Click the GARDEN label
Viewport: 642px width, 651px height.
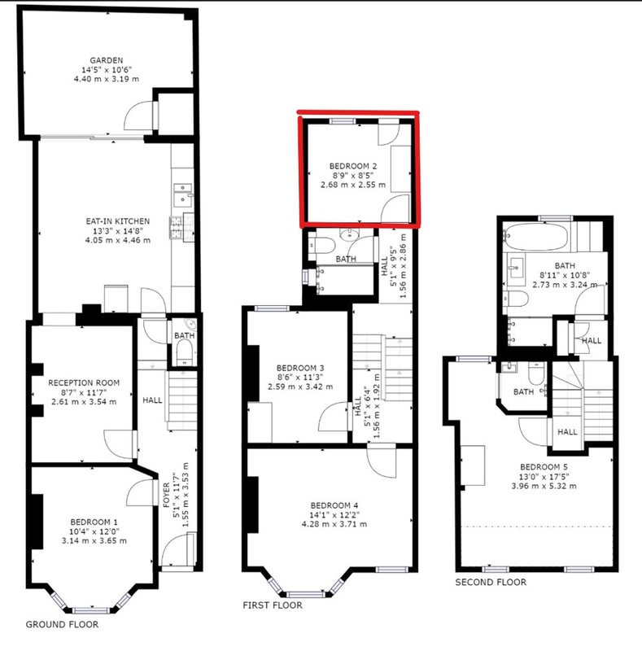tap(107, 60)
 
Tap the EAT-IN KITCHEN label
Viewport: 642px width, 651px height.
tap(117, 221)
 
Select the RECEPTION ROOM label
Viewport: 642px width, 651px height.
tap(84, 382)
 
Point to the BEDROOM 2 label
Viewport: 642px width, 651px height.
tap(353, 166)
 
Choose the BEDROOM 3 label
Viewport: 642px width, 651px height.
tap(300, 368)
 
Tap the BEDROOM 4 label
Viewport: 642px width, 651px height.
tap(334, 505)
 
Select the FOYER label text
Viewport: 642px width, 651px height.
tap(166, 495)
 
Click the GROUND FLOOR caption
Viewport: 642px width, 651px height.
tap(63, 624)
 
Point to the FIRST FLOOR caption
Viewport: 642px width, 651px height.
tap(273, 605)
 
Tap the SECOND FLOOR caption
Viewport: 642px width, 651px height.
tap(491, 582)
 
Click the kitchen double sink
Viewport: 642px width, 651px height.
tap(183, 194)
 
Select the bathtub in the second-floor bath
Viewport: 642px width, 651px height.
tap(535, 237)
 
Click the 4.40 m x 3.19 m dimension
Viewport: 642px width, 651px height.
tap(107, 79)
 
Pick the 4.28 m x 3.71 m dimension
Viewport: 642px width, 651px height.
tap(334, 524)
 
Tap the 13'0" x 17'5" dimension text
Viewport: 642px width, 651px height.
tap(544, 477)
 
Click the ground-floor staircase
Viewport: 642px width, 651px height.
tap(182, 400)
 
